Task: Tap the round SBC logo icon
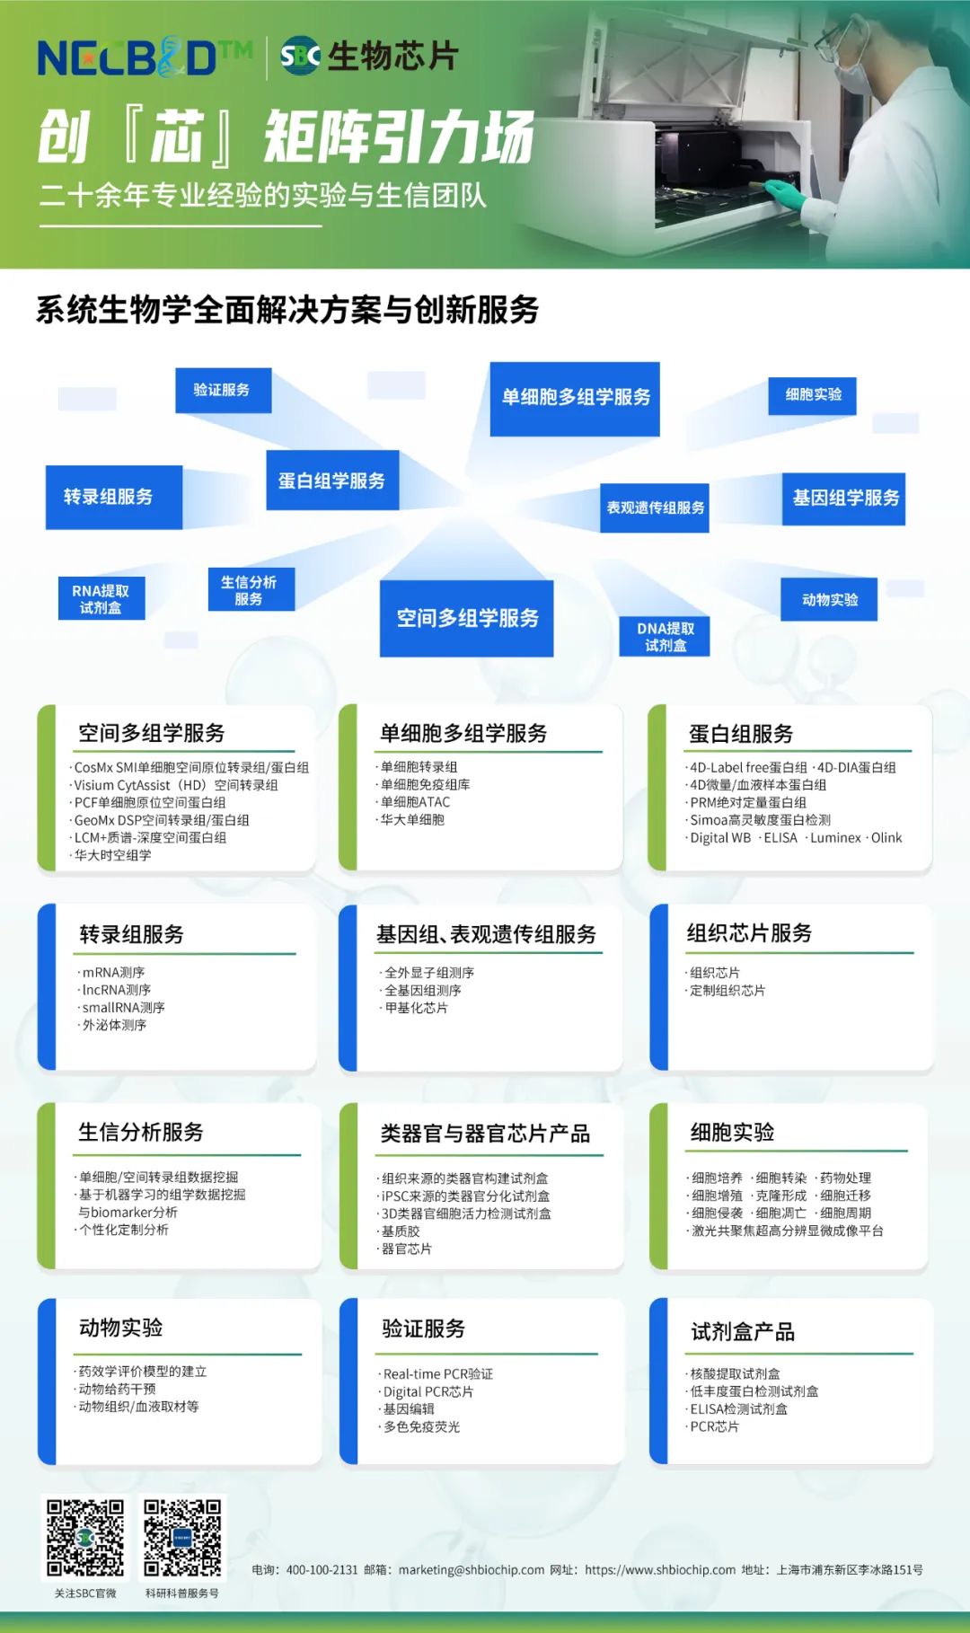pyautogui.click(x=300, y=56)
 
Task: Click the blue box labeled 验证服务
pyautogui.click(x=222, y=390)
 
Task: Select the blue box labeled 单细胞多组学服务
pyautogui.click(x=575, y=398)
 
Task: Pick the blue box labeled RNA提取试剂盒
pyautogui.click(x=101, y=599)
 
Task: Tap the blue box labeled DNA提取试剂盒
pyautogui.click(x=665, y=637)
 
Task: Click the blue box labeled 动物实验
pyautogui.click(x=829, y=599)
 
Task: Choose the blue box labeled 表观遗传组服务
pyautogui.click(x=655, y=508)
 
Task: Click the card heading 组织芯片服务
pyautogui.click(x=749, y=933)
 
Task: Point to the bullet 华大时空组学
pyautogui.click(x=112, y=855)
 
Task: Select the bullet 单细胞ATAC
pyautogui.click(x=415, y=802)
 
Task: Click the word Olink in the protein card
pyautogui.click(x=886, y=837)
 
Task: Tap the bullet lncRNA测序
pyautogui.click(x=116, y=990)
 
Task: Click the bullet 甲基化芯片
pyautogui.click(x=416, y=1008)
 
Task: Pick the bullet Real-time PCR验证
pyautogui.click(x=437, y=1373)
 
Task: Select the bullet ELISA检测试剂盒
pyautogui.click(x=738, y=1408)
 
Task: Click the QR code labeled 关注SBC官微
pyautogui.click(x=85, y=1537)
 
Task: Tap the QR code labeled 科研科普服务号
pyautogui.click(x=182, y=1537)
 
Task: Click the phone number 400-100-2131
pyautogui.click(x=322, y=1569)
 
